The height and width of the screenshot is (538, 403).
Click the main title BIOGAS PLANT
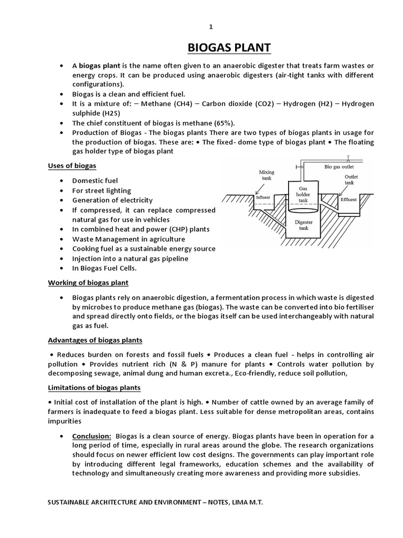[229, 49]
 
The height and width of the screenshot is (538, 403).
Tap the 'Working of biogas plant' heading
[88, 283]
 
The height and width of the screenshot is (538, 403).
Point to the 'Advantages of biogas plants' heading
[95, 340]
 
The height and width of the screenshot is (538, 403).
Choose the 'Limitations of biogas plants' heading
[94, 388]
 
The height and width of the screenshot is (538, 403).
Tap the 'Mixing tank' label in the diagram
[267, 175]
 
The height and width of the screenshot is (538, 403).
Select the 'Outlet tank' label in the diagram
[351, 180]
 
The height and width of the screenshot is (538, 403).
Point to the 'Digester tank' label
[304, 225]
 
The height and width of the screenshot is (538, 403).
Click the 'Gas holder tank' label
[304, 194]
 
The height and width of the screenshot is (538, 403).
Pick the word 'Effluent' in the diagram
[348, 200]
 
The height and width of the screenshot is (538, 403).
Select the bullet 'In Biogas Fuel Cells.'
[104, 268]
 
